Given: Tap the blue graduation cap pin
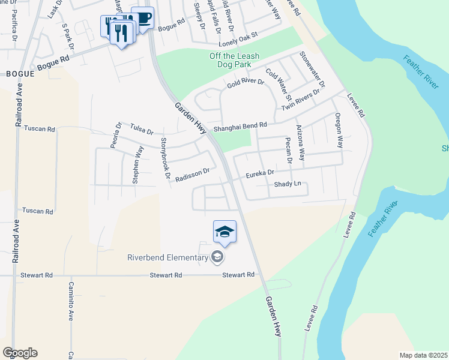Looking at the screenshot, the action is click(x=224, y=232).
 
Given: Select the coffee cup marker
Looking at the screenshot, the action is click(x=142, y=18).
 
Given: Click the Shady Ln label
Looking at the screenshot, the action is click(x=287, y=185).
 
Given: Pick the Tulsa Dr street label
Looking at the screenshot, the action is click(x=142, y=130).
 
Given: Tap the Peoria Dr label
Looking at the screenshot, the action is click(x=115, y=137).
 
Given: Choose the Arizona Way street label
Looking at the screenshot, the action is click(x=300, y=142).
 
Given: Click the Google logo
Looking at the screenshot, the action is click(x=20, y=353).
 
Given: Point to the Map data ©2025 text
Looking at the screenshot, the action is click(x=423, y=355).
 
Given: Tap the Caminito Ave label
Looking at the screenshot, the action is click(x=71, y=301).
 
